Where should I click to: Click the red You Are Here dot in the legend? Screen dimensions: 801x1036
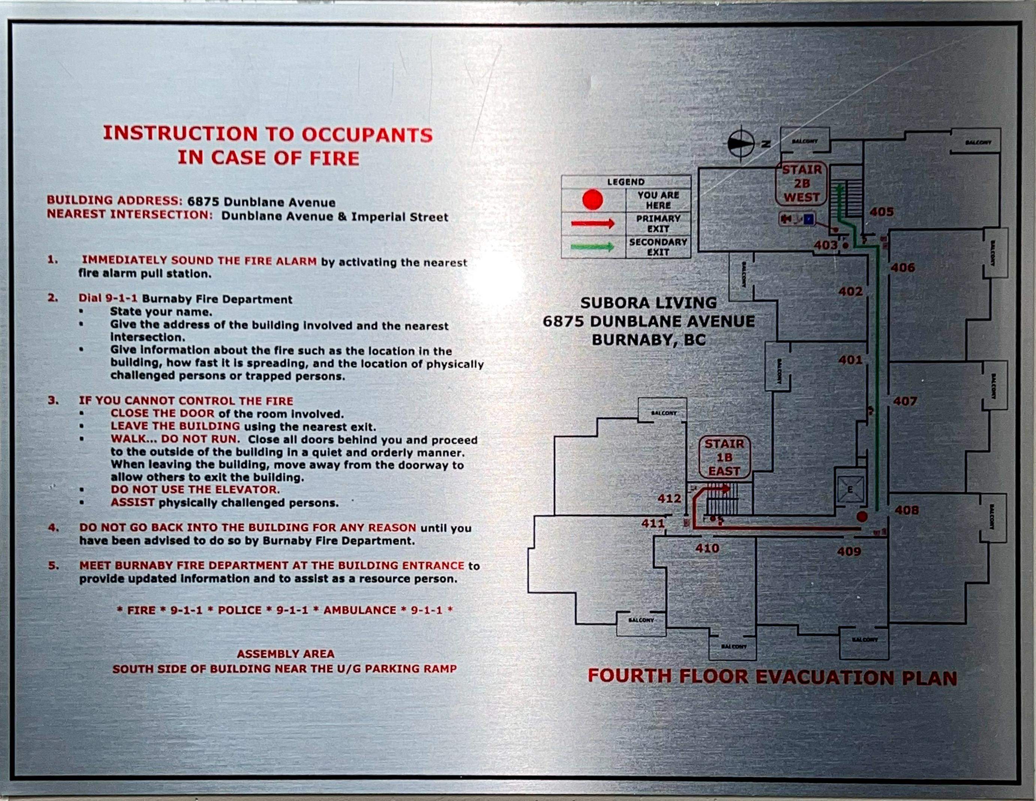pos(592,200)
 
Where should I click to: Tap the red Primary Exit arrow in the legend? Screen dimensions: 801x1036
pos(592,223)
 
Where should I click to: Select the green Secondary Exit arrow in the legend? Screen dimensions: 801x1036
pos(592,247)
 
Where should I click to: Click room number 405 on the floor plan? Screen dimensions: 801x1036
pos(881,212)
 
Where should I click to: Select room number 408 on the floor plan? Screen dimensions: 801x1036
pos(906,510)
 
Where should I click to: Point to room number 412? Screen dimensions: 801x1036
pos(669,498)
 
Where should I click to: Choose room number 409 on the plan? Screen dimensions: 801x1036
pos(849,551)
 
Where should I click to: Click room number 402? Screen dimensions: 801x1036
pos(850,291)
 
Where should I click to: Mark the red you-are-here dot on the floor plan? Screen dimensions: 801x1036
pos(862,516)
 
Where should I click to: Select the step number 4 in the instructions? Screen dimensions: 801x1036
pos(54,528)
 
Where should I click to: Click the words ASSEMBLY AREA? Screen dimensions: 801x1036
pos(286,654)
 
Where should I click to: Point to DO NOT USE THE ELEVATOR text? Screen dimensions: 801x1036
pos(195,489)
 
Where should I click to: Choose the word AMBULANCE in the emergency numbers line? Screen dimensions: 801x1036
pos(360,610)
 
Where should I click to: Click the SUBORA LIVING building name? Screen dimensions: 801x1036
pos(649,303)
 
